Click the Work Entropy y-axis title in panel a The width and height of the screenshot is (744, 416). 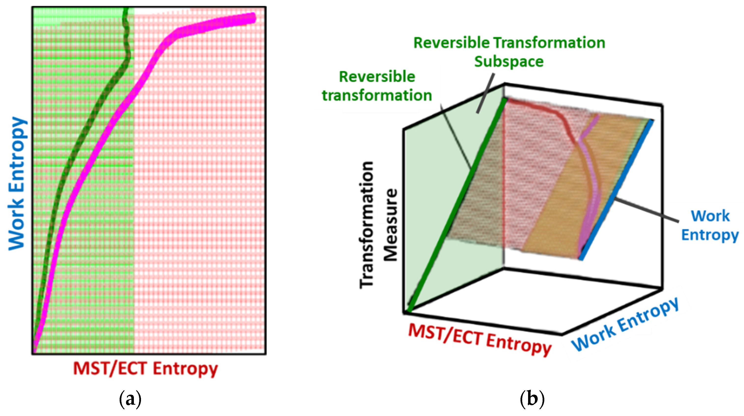[17, 183]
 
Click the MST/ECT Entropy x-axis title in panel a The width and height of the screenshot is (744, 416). [145, 369]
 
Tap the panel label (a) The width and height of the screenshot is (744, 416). [130, 400]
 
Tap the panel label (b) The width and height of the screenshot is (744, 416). [532, 400]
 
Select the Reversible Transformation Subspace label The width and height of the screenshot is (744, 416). [509, 52]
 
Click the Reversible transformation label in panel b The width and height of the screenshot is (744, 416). [377, 86]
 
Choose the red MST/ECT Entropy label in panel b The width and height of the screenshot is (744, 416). [479, 339]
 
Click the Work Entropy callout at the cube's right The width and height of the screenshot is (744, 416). [710, 226]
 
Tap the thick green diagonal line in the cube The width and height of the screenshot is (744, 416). [456, 205]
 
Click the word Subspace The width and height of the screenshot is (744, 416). [509, 61]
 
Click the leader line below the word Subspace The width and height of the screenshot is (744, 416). [485, 92]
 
